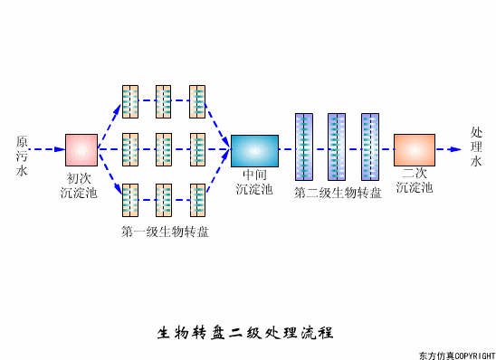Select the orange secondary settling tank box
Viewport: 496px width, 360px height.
tap(415, 149)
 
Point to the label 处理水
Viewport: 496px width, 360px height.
tap(476, 147)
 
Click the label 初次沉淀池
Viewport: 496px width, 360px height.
tap(80, 185)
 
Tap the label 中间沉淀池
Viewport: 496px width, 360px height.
tap(253, 182)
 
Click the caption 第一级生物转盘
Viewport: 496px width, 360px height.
tap(165, 232)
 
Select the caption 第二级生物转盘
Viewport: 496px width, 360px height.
tap(338, 193)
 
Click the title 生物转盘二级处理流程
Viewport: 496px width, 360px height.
tap(246, 332)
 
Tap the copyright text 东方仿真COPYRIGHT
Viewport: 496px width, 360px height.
tap(456, 355)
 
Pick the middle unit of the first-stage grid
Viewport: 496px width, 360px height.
tap(164, 149)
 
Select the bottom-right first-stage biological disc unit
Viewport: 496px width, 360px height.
tap(197, 198)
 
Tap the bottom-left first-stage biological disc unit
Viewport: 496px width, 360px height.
tap(130, 198)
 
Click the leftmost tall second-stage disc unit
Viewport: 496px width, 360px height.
tap(303, 148)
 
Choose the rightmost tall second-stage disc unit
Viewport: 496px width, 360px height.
tap(369, 148)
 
